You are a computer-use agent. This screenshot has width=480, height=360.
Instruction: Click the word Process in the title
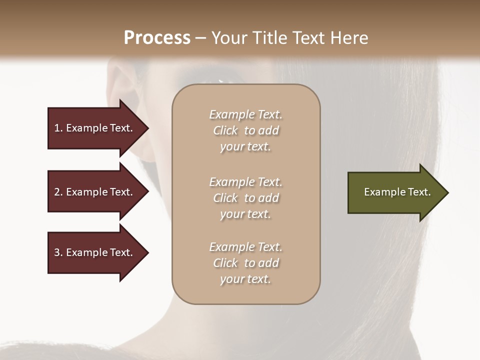tap(157, 38)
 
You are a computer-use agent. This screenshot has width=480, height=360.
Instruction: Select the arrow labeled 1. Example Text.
tap(93, 128)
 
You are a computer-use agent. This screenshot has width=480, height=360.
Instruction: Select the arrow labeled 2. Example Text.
tap(93, 192)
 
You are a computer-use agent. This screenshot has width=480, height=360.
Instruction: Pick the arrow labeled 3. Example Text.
tap(93, 252)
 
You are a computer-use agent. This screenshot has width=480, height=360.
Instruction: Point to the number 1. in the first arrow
tap(58, 128)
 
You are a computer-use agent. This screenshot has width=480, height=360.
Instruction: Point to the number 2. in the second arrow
tap(58, 192)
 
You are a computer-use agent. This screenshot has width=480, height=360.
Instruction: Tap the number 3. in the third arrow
tap(58, 252)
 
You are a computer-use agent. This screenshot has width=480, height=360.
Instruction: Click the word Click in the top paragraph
tap(225, 130)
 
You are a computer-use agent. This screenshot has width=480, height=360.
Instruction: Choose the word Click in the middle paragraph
tap(225, 198)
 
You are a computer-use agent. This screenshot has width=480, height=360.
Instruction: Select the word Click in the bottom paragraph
tap(225, 263)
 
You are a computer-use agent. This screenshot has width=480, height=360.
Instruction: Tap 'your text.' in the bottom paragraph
tap(245, 279)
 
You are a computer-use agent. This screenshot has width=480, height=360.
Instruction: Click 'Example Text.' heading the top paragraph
tap(245, 114)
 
